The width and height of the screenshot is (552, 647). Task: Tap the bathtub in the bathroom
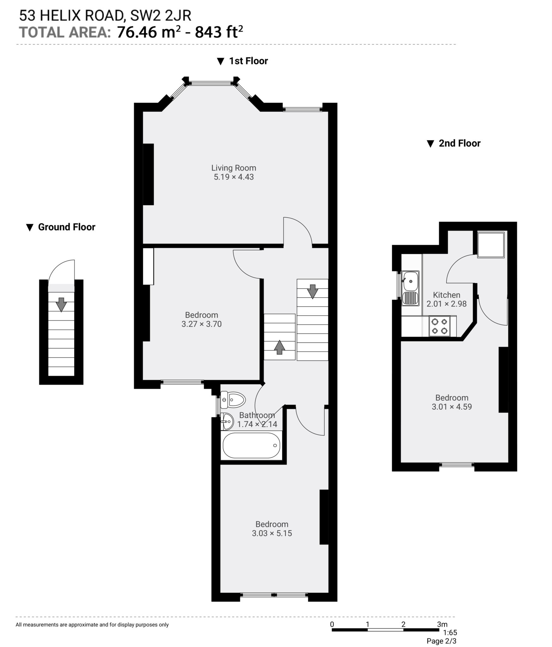coord(251,445)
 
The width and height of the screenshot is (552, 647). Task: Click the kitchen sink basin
coord(411,281)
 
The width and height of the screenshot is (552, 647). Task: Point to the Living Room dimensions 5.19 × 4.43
coord(234,177)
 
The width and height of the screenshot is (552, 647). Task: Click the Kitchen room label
coord(446,295)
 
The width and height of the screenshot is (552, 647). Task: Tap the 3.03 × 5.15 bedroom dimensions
coord(272,533)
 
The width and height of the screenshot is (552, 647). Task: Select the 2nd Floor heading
coord(459,143)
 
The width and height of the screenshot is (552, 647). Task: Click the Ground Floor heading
coord(66,227)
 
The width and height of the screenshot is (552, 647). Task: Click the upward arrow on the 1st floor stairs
coord(279,347)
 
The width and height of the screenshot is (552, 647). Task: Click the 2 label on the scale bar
coord(403,624)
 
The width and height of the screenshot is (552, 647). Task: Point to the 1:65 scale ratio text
coord(450,633)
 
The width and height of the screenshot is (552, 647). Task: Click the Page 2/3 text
coord(441,641)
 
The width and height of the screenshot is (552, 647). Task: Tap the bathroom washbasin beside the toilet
coord(227,421)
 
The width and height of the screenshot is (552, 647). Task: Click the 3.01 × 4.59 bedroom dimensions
coord(452,407)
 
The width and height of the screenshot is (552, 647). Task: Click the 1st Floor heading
coord(248,61)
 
